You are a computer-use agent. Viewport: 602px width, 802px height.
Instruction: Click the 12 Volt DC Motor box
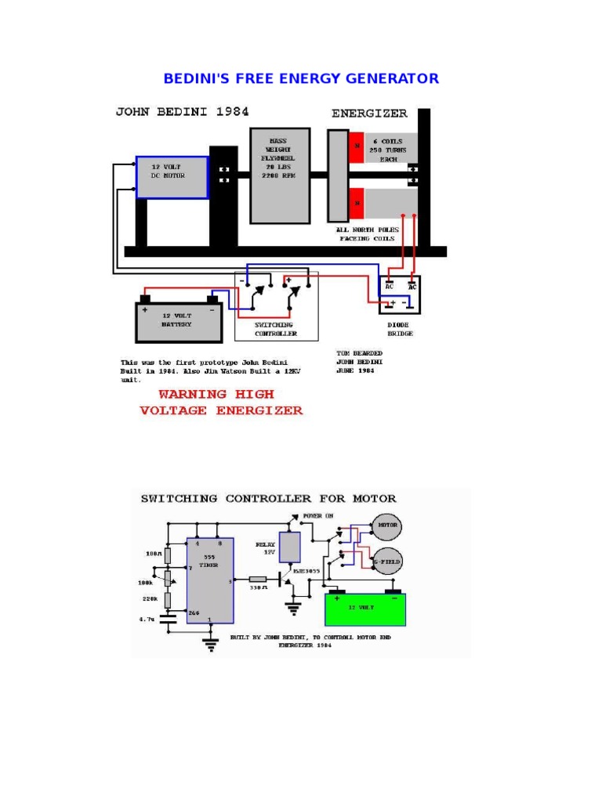172,177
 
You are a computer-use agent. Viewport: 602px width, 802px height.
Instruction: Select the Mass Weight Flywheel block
280,175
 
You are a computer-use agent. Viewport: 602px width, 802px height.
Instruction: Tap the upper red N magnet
357,146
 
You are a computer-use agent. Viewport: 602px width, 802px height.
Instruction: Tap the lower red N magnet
357,203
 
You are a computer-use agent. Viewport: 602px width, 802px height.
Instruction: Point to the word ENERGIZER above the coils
369,114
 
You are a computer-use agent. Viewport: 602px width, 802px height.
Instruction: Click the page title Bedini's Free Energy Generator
301,78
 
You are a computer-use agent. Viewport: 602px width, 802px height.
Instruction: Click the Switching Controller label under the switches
276,329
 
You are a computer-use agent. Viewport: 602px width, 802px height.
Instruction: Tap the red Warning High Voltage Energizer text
220,403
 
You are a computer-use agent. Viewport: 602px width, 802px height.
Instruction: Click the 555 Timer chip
209,580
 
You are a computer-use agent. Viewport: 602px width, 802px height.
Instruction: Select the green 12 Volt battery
366,609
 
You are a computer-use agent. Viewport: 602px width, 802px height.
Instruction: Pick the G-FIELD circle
386,561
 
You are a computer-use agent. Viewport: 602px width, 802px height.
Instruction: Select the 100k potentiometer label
146,583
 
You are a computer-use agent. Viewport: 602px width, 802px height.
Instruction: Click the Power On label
324,516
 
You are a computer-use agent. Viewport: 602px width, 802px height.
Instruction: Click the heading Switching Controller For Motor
268,498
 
